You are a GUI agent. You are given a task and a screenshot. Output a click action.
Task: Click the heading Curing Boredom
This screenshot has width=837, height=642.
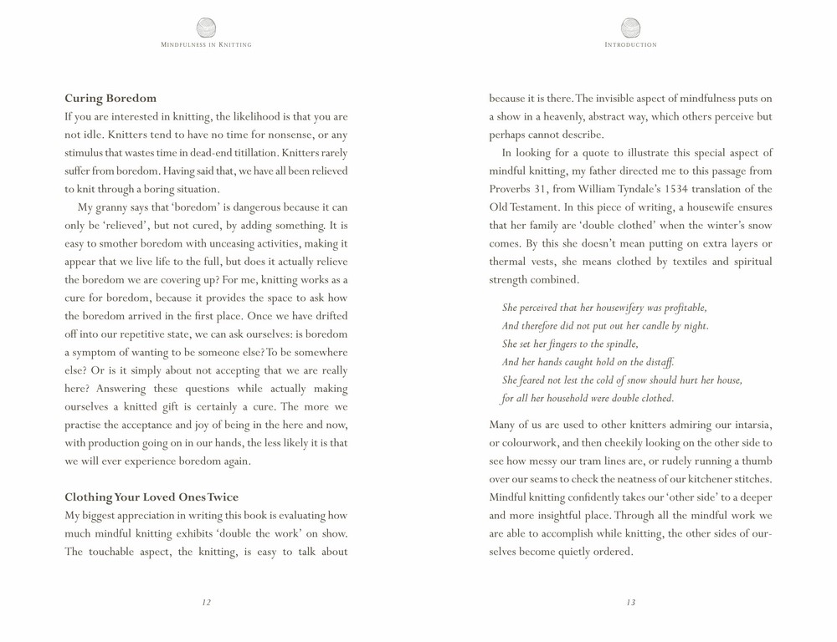(x=110, y=99)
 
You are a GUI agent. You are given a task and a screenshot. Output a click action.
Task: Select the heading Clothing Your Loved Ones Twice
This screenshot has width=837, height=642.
(x=151, y=497)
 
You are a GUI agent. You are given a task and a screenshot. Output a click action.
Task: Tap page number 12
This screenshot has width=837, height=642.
(x=206, y=603)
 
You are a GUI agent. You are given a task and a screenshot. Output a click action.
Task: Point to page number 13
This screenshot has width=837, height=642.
(x=630, y=603)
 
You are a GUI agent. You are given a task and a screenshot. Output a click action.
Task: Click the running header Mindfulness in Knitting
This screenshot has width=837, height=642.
(x=206, y=44)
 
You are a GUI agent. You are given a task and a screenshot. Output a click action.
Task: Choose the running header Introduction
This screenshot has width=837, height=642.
(x=630, y=44)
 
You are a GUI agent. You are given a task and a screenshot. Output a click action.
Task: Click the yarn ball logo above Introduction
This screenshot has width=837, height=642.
(x=630, y=28)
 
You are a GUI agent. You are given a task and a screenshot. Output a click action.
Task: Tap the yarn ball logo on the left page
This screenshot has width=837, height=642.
(x=206, y=28)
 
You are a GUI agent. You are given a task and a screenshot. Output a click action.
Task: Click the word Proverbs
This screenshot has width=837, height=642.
(x=511, y=189)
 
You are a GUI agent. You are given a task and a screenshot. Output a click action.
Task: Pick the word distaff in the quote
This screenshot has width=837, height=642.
(x=658, y=362)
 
